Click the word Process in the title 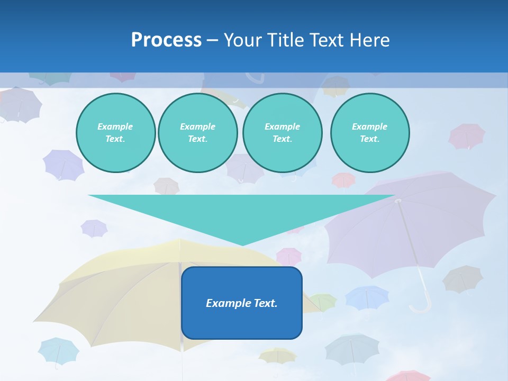click(166, 40)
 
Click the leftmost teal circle click(115, 133)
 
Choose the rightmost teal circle click(369, 133)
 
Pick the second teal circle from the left click(197, 133)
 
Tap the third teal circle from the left click(282, 133)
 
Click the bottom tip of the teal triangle click(242, 244)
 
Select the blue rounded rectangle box click(242, 323)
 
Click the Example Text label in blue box click(242, 303)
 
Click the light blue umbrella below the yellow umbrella click(58, 350)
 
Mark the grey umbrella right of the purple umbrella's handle click(462, 278)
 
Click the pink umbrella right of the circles click(467, 135)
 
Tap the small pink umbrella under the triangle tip click(289, 256)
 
